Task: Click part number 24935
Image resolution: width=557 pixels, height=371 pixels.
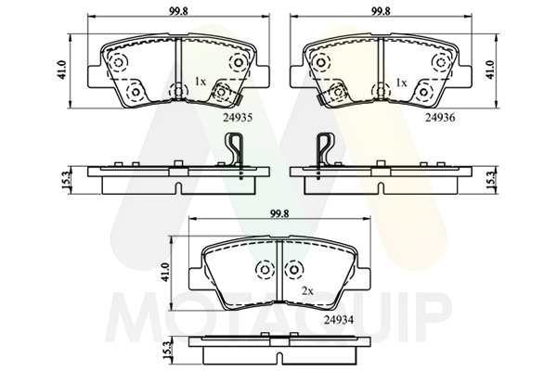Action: (238, 118)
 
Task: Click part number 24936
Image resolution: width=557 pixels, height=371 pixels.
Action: (440, 118)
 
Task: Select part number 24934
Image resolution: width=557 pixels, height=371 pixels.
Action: (339, 320)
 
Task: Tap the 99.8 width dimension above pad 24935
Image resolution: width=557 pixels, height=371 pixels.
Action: (178, 11)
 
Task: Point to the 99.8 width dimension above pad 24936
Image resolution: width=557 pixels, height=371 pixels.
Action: (381, 11)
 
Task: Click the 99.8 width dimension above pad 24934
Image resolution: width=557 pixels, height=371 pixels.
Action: (279, 213)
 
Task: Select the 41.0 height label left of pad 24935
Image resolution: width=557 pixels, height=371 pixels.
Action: (62, 70)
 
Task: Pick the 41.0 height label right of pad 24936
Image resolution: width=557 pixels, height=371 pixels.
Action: (490, 70)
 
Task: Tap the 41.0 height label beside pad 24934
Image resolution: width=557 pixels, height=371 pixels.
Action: (163, 273)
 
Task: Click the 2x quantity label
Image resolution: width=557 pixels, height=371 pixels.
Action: (307, 291)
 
